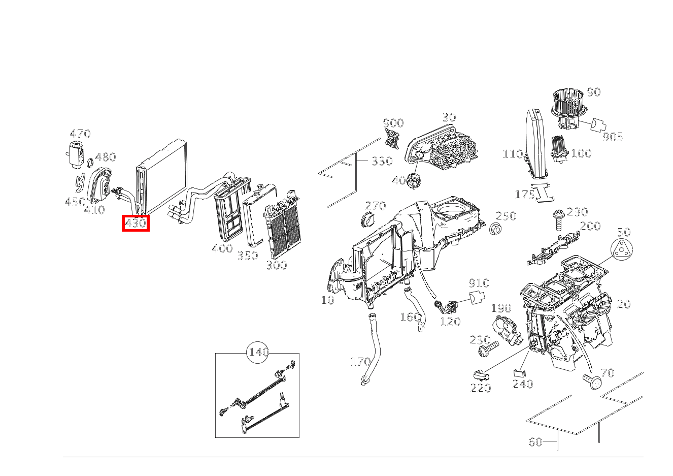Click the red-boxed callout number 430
[x=136, y=223]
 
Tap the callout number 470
[x=80, y=134]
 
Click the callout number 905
[x=613, y=137]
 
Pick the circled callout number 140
[x=257, y=352]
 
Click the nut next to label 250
[x=495, y=230]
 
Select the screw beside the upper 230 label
[x=558, y=220]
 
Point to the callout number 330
[x=382, y=161]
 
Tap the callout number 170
[x=360, y=361]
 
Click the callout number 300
[x=277, y=265]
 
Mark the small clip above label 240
[x=520, y=373]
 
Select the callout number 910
[x=479, y=283]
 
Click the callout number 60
[x=535, y=442]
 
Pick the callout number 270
[x=376, y=206]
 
